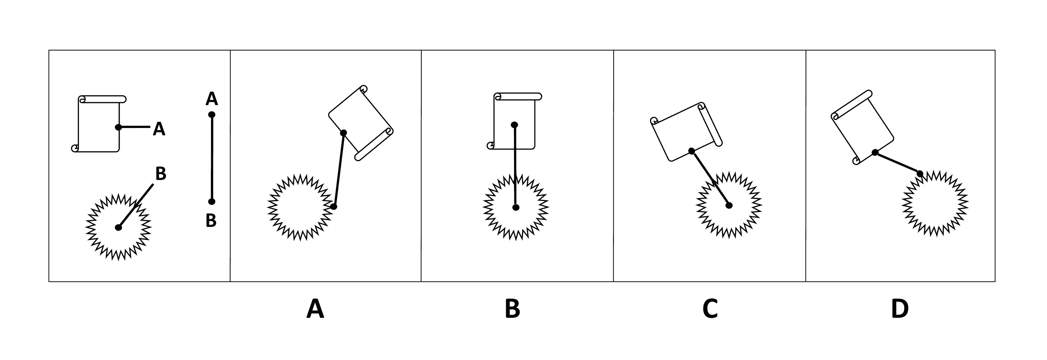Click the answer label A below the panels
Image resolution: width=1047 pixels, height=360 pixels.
pos(315,309)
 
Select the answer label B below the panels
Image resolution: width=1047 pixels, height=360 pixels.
pos(512,309)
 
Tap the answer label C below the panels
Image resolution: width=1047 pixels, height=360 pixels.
pos(710,309)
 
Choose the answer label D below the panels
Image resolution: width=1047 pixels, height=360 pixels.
pos(900,309)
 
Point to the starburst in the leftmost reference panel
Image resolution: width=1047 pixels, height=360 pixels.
pos(118,228)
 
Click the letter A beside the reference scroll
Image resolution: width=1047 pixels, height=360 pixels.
pos(159,129)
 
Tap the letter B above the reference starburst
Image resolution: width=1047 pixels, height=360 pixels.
pos(161,174)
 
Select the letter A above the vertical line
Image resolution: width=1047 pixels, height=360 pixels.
pos(212,99)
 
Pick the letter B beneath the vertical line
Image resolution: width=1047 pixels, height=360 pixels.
pos(211,221)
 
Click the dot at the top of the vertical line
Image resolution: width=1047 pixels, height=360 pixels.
pos(212,115)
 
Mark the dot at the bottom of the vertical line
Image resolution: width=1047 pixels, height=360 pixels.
pos(211,201)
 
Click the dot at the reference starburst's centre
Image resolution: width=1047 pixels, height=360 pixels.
pos(118,228)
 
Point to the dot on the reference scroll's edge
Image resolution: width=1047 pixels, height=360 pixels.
pos(118,127)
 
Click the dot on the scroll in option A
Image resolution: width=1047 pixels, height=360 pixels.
pos(344,133)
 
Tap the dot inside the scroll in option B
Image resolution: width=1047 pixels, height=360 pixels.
pos(514,124)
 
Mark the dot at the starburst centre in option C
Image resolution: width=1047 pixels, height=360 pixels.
pos(729,205)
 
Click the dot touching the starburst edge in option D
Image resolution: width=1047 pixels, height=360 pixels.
pos(920,174)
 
